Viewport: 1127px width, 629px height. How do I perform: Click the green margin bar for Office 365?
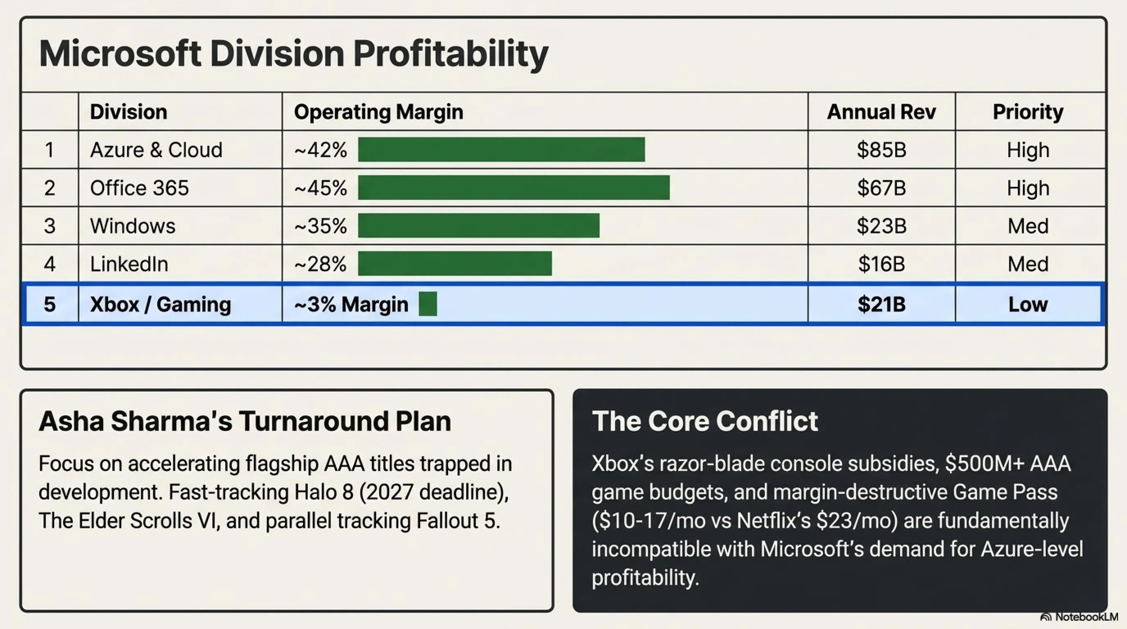[x=514, y=188]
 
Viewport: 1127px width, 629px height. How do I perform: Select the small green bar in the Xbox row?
[x=428, y=303]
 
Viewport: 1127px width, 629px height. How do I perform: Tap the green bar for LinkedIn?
[x=455, y=263]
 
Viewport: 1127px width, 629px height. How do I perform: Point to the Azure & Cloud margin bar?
[x=501, y=149]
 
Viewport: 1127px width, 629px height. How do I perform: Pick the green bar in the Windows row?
[x=479, y=226]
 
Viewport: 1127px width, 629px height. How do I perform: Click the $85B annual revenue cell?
[x=881, y=150]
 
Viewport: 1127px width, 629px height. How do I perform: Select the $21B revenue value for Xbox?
[x=881, y=304]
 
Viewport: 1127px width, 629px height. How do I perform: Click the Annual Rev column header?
[x=881, y=112]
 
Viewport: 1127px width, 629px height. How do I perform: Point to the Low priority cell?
[x=1027, y=304]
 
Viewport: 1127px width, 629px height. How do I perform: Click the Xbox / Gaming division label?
[x=161, y=304]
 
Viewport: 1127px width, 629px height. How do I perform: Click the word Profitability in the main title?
[x=450, y=54]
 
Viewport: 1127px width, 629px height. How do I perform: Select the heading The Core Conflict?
[x=705, y=421]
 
